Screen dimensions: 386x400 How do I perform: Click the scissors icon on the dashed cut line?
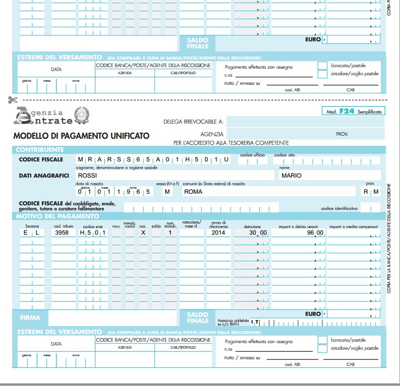pos(13,100)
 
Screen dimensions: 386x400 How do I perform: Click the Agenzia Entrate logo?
pos(43,116)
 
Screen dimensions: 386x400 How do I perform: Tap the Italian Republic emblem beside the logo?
pos(82,116)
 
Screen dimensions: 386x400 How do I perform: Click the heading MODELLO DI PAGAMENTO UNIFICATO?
pos(81,135)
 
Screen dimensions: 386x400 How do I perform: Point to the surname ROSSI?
pos(87,175)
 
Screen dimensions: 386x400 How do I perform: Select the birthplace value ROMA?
pos(193,192)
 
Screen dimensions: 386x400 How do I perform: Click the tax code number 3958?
pos(62,233)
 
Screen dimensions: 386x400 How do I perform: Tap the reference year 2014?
pos(218,233)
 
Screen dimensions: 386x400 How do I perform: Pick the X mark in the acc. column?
pos(143,233)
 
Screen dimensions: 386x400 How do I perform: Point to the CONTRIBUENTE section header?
pos(40,150)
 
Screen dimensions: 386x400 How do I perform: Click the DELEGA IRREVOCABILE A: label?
pos(193,122)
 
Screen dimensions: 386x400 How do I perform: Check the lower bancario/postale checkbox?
pos(322,340)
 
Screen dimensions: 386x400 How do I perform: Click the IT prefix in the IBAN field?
pos(256,321)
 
